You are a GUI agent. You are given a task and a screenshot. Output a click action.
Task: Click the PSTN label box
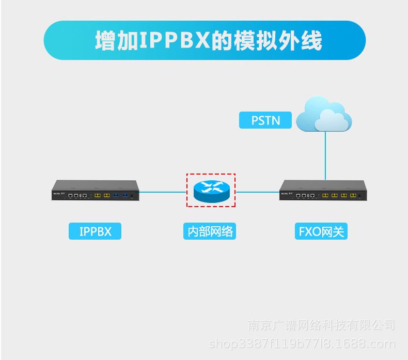coord(265,120)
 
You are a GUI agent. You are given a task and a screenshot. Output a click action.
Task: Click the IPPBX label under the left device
coord(95,231)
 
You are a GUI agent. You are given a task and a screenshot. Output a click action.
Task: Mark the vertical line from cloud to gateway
coord(325,155)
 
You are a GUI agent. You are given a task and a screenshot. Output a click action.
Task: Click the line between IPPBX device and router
coord(163,191)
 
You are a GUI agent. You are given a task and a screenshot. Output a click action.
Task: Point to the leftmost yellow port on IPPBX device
coord(96,196)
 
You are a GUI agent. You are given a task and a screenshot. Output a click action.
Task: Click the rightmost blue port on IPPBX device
coord(125,196)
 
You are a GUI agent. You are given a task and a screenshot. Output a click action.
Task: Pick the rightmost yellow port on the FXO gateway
coord(353,196)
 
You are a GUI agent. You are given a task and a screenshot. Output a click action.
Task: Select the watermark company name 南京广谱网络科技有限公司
coord(321,325)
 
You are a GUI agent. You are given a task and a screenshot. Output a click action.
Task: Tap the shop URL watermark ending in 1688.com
coord(301,343)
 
